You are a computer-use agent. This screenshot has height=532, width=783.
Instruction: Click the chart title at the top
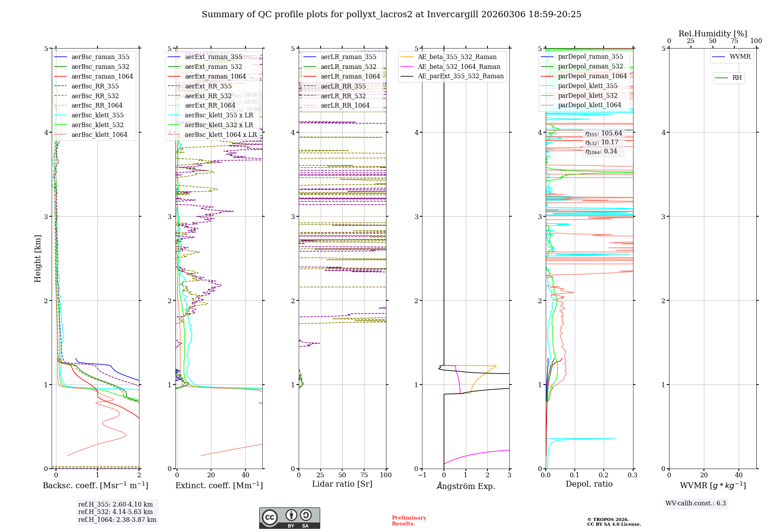point(391,14)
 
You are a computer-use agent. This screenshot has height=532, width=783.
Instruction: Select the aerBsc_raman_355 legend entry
point(100,57)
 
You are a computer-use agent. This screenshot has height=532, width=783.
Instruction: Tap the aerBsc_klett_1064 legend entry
point(99,135)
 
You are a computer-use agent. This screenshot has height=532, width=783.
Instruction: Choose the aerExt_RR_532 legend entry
point(208,96)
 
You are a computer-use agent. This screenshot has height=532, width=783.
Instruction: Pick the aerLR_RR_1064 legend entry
point(345,106)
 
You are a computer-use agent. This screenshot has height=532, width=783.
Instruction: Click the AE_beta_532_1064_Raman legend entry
point(459,67)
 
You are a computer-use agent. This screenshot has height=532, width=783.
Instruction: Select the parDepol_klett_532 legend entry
point(587,96)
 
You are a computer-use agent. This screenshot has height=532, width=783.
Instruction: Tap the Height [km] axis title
point(38,259)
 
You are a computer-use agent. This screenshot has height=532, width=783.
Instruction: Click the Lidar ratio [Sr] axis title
point(342,484)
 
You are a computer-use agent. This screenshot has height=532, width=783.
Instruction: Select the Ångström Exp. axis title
point(466,486)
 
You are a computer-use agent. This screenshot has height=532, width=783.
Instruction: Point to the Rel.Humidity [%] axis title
point(713,34)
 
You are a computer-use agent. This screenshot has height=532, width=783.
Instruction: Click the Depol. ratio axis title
point(589,484)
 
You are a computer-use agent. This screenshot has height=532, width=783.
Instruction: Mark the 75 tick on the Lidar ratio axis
point(364,475)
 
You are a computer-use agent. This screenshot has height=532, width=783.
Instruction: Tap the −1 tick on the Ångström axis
point(422,475)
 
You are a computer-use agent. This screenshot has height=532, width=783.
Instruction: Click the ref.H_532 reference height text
point(115,512)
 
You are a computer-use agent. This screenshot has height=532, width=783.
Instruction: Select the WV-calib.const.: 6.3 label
point(696,503)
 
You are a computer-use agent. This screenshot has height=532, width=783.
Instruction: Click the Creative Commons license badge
point(289,518)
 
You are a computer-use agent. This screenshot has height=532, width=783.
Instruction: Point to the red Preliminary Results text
point(409,521)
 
